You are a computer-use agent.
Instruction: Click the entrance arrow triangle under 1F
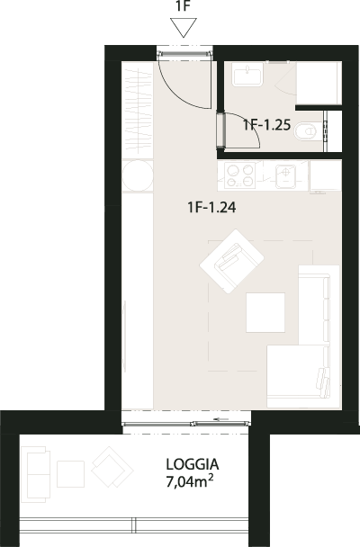[x=184, y=28]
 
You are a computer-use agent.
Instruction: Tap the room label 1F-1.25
[x=267, y=124]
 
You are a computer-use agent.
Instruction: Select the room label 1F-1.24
[x=211, y=207]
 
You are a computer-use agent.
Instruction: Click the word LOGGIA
[x=193, y=464]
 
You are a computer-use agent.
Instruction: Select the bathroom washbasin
[x=247, y=76]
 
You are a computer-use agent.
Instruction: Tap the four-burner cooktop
[x=239, y=175]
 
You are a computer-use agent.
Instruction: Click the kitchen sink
[x=286, y=175]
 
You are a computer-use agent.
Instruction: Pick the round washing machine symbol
[x=138, y=175]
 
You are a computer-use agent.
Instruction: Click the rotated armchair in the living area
[x=231, y=261]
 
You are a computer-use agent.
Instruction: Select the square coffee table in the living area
[x=265, y=312]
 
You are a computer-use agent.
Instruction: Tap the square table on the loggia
[x=70, y=474]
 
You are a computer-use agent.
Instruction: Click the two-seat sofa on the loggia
[x=35, y=474]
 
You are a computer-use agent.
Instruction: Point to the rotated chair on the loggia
[x=112, y=467]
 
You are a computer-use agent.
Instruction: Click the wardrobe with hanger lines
[x=138, y=111]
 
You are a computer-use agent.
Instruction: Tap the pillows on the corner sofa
[x=323, y=382]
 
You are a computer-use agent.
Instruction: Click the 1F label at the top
[x=183, y=6]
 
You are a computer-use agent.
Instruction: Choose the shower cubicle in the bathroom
[x=319, y=83]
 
